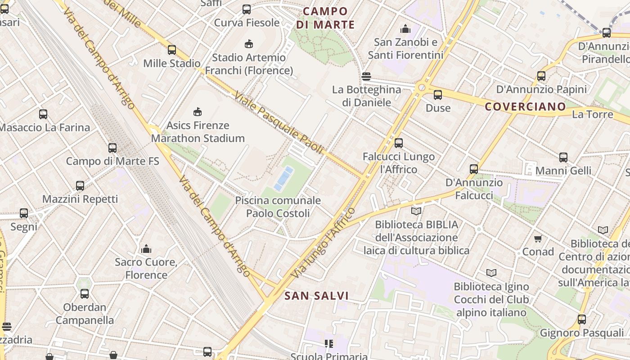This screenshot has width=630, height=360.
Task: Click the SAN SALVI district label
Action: click(x=317, y=296)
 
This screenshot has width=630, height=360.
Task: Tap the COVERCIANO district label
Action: click(x=525, y=107)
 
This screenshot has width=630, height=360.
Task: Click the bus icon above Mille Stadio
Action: click(x=171, y=50)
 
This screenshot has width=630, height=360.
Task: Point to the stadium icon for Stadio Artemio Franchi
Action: click(x=248, y=44)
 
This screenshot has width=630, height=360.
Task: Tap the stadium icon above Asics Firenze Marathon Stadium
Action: click(x=197, y=112)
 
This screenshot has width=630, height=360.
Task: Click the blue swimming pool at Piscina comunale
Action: click(x=284, y=178)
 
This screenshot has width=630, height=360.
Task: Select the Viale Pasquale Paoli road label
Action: click(x=279, y=122)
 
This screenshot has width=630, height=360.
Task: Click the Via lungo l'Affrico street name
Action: click(x=323, y=243)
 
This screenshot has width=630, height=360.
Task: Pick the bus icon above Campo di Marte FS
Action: click(x=112, y=148)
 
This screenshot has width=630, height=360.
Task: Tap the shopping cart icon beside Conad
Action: click(x=538, y=238)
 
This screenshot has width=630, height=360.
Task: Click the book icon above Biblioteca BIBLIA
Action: click(x=416, y=211)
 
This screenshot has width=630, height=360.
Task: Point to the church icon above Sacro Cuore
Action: click(x=146, y=249)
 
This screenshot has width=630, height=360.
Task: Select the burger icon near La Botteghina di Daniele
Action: click(x=366, y=76)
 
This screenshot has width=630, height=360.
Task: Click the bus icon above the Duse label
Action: click(x=438, y=95)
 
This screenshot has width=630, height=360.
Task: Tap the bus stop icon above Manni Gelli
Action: click(x=563, y=157)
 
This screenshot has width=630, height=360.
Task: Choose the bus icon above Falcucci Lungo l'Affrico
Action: click(x=399, y=143)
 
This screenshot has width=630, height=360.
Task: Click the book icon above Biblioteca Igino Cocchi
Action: click(x=491, y=273)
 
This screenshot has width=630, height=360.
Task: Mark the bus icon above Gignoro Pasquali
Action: click(x=582, y=319)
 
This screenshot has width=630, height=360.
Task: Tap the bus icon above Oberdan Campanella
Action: click(x=85, y=294)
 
